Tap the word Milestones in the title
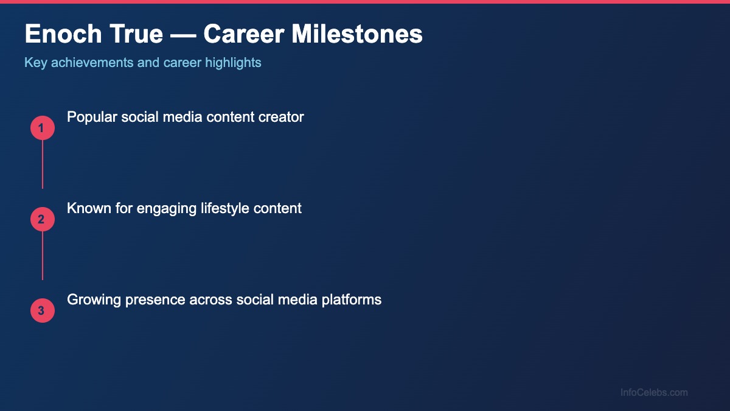coord(357,35)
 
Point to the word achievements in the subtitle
coord(93,63)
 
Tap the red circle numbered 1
coord(42,128)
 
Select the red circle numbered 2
coord(42,219)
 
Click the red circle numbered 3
coord(42,311)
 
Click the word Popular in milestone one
coord(91,117)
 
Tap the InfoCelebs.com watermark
coord(654,393)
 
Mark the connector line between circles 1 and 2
coord(42,164)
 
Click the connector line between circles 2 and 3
coord(42,256)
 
